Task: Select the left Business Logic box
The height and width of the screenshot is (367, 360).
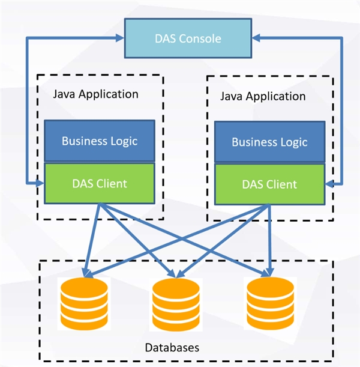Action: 100,141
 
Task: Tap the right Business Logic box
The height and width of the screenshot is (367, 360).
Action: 269,142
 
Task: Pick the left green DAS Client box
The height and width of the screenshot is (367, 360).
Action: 100,183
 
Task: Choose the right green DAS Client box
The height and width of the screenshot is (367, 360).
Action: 269,184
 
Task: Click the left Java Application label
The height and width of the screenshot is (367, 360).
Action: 95,94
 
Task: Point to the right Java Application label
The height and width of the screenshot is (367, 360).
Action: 263,96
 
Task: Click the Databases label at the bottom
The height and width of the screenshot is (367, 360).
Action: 172,348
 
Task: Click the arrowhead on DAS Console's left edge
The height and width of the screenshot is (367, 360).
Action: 118,38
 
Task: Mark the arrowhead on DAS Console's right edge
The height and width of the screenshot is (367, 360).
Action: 256,38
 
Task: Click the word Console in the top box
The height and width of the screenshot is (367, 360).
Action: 202,38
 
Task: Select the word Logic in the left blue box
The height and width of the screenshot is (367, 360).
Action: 122,141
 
